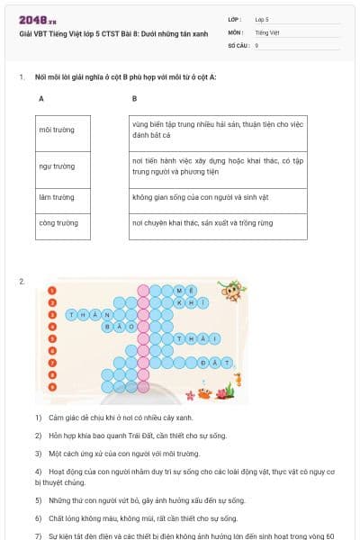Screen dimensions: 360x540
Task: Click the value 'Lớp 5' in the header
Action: (x=262, y=18)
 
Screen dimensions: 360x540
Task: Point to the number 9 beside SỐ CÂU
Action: (x=256, y=44)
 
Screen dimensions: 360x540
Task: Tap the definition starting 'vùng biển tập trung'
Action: (x=216, y=130)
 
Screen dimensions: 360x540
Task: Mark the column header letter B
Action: (x=134, y=99)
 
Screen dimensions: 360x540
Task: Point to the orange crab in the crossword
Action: (x=205, y=394)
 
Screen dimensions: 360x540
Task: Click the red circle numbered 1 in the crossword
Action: (x=53, y=291)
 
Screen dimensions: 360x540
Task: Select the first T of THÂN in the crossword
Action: (x=71, y=315)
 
